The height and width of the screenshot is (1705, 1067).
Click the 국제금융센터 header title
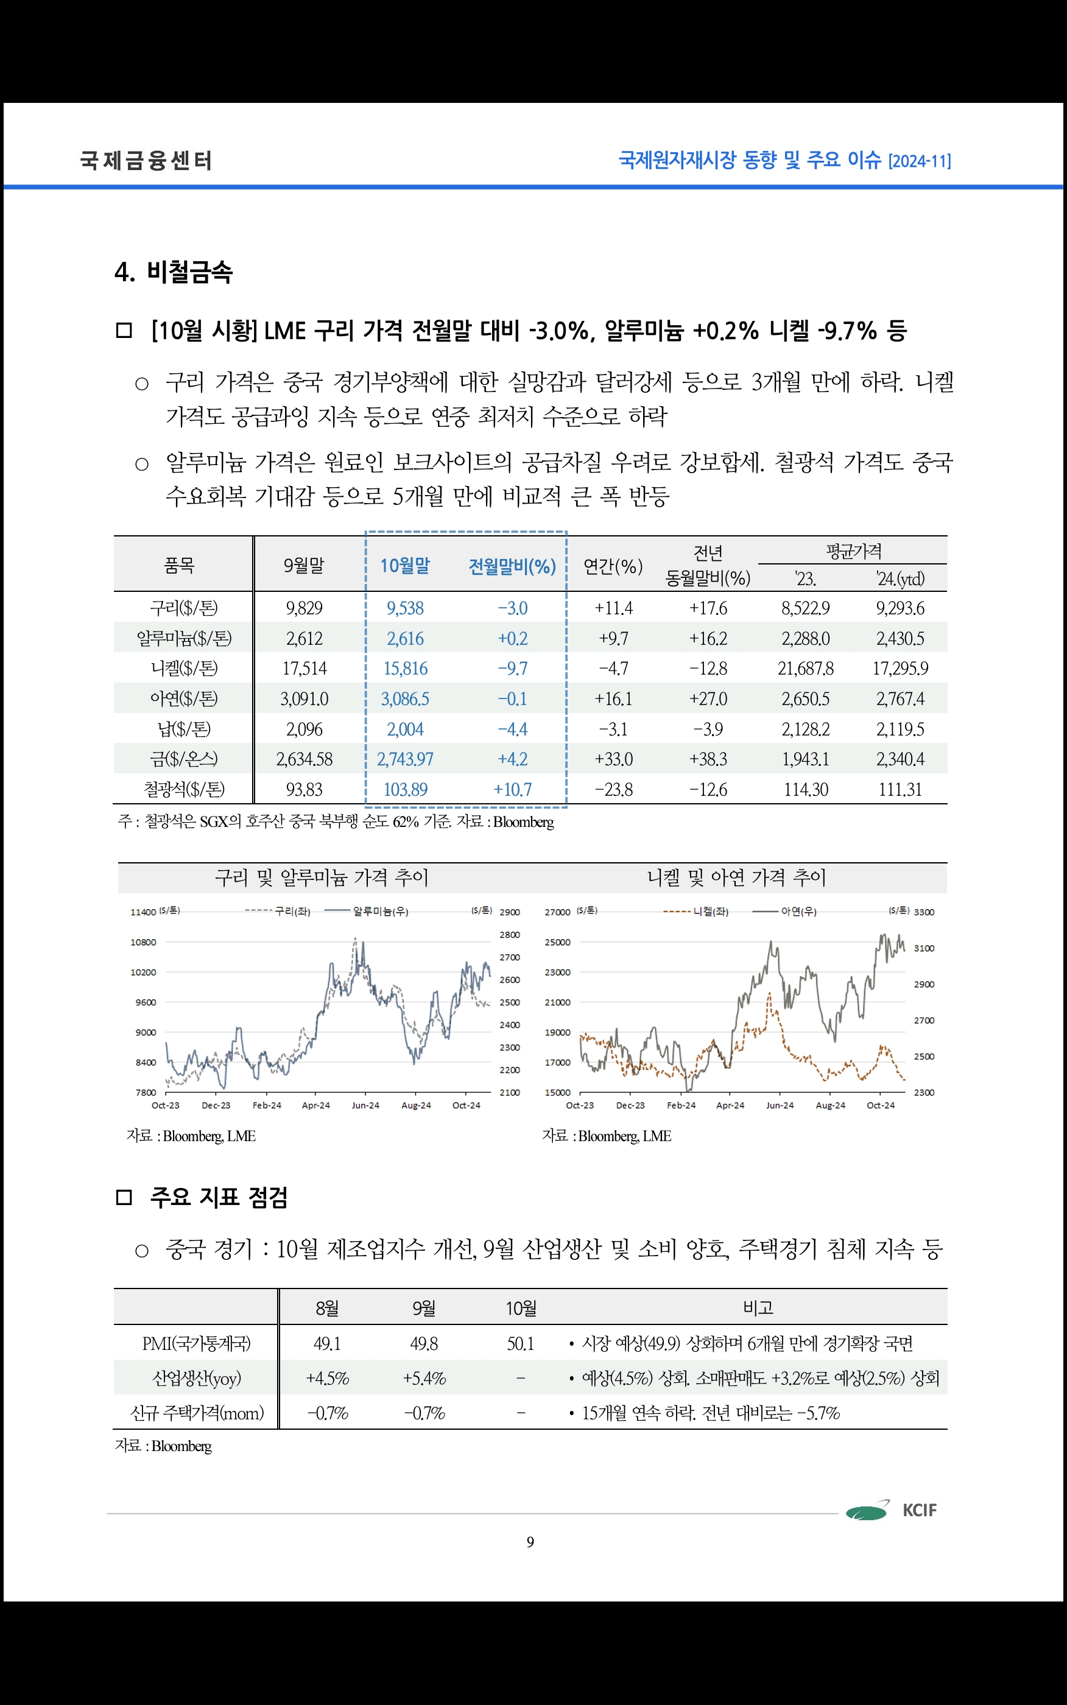click(146, 161)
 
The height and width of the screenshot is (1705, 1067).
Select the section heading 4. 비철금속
click(174, 272)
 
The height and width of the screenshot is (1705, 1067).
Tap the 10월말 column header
click(405, 566)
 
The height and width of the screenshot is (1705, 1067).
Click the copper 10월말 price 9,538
click(405, 608)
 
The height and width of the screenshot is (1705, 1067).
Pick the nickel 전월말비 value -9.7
click(512, 669)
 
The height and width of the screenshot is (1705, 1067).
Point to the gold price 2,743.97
click(405, 759)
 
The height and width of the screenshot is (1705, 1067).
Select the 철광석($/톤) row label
click(183, 789)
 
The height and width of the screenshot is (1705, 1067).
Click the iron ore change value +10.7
click(512, 789)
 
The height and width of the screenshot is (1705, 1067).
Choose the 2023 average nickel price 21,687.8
click(805, 669)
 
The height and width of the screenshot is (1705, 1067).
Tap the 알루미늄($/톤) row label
click(183, 638)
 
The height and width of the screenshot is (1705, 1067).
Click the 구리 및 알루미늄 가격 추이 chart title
click(321, 877)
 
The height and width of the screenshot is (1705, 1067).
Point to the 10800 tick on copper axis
click(143, 943)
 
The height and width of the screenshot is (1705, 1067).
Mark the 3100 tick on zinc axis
click(924, 948)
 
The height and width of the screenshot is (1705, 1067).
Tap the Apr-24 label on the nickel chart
click(730, 1105)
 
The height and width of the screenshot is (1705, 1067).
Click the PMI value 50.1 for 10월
click(520, 1344)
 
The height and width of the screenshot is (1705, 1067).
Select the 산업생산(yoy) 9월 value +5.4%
click(423, 1379)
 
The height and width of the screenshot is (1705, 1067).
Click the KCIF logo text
click(920, 1510)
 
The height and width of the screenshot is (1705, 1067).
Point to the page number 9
click(530, 1542)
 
